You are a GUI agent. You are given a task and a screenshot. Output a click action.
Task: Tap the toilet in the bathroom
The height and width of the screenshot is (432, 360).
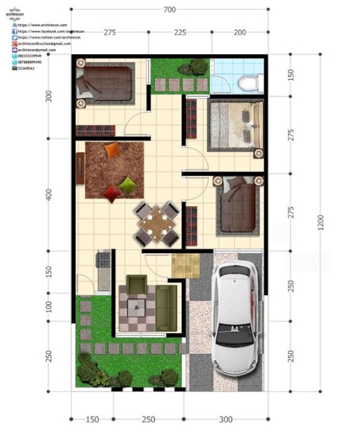248,81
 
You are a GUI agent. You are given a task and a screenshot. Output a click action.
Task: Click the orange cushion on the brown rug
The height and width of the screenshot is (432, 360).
113,150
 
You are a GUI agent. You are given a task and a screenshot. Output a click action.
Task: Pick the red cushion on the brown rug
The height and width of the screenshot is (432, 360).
113,192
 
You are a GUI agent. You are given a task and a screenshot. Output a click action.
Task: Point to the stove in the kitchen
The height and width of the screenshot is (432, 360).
103,260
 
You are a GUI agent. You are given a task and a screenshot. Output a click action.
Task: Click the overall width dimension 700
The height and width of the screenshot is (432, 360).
170,9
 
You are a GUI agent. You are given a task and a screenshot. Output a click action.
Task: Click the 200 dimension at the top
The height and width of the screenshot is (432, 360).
240,32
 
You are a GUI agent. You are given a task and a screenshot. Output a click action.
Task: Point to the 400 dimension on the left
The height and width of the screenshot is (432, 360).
48,195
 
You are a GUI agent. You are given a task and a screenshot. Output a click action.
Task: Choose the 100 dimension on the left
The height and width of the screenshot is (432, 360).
48,306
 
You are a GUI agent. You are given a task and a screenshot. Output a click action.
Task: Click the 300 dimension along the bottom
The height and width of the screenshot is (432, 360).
226,419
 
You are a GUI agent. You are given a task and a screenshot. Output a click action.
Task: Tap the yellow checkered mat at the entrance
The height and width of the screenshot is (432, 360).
185,266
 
